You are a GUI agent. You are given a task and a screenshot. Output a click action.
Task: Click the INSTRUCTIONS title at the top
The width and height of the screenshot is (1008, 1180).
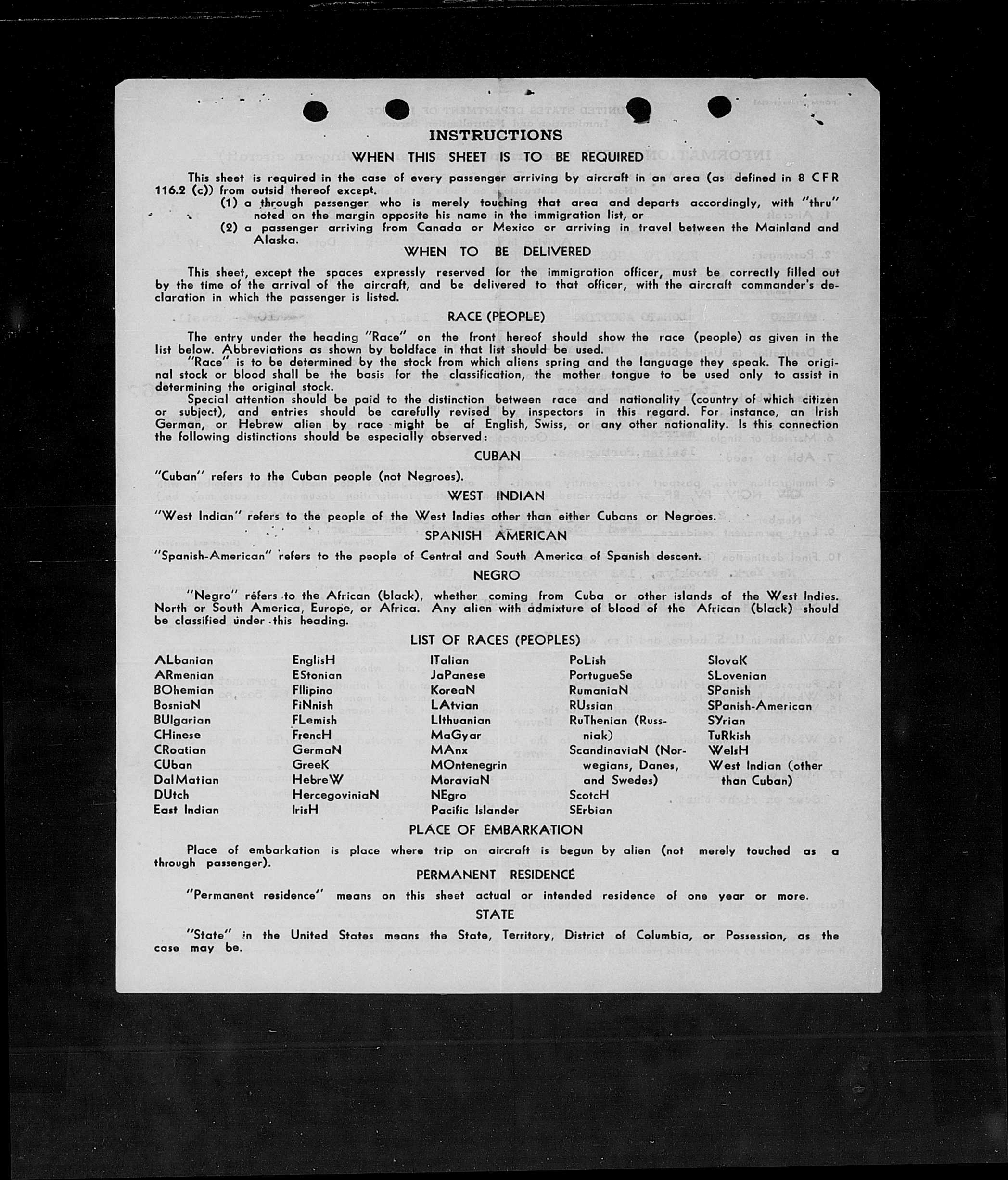coord(496,136)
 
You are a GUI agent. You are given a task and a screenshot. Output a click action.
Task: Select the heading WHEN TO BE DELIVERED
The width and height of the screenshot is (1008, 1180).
coord(497,252)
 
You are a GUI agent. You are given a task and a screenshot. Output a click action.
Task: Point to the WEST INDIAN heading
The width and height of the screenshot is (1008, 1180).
coord(496,496)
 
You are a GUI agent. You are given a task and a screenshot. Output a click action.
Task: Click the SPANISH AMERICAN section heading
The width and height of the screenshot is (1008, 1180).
coord(496,536)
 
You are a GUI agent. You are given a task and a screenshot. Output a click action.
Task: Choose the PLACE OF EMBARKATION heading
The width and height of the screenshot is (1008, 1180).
coord(496,830)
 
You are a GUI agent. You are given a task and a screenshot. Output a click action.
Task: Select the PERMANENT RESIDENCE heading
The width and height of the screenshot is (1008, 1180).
coord(496,874)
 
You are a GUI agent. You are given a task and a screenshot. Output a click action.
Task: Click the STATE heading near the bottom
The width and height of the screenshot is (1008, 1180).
coord(496,914)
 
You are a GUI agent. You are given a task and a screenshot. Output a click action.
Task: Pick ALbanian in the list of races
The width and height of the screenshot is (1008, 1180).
coord(183,660)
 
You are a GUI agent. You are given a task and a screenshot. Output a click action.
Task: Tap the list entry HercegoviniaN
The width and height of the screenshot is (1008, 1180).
coord(335,795)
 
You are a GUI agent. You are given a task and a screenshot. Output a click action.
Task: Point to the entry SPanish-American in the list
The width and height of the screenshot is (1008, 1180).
coord(760,706)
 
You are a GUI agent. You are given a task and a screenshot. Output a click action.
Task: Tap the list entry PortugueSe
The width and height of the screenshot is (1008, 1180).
coord(600,675)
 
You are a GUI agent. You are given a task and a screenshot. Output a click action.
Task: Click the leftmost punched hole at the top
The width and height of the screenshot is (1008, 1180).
coord(315,111)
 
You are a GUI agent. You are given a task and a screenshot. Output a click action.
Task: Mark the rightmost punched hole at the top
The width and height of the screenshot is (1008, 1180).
coord(720,106)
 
